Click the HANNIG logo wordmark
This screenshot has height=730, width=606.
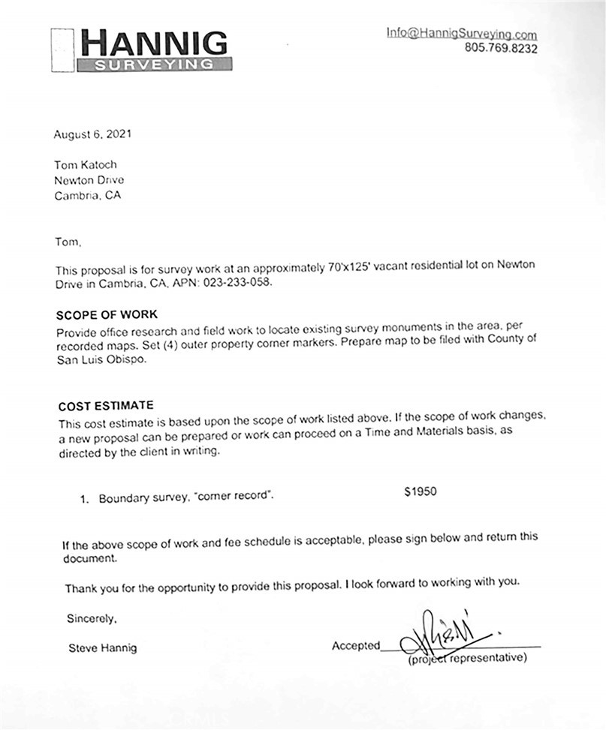[153, 43]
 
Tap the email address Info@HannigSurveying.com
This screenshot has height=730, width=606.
[461, 34]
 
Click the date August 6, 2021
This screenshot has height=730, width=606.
[92, 135]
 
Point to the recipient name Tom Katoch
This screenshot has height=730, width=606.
[86, 165]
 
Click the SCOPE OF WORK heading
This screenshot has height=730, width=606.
[107, 314]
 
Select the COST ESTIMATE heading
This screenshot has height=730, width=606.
[105, 405]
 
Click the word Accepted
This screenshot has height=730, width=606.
[356, 646]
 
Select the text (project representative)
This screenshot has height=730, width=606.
[468, 659]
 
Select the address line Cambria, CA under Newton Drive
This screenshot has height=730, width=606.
[87, 195]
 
